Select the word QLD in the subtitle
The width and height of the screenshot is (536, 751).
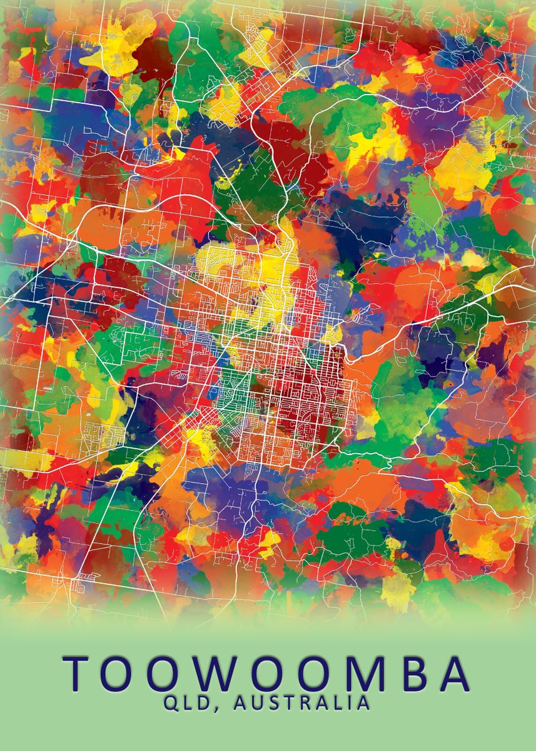click(x=190, y=703)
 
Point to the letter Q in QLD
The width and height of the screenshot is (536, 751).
click(x=172, y=703)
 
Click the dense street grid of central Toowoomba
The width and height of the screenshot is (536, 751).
click(x=294, y=388)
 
